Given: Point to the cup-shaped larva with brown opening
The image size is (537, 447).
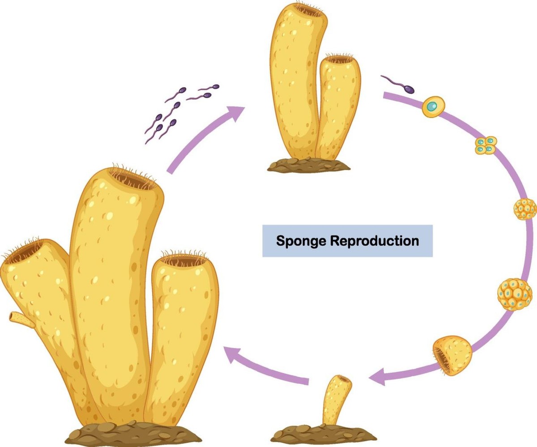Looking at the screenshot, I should pos(453,356).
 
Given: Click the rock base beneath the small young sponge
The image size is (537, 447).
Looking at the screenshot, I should pos(322,433).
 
